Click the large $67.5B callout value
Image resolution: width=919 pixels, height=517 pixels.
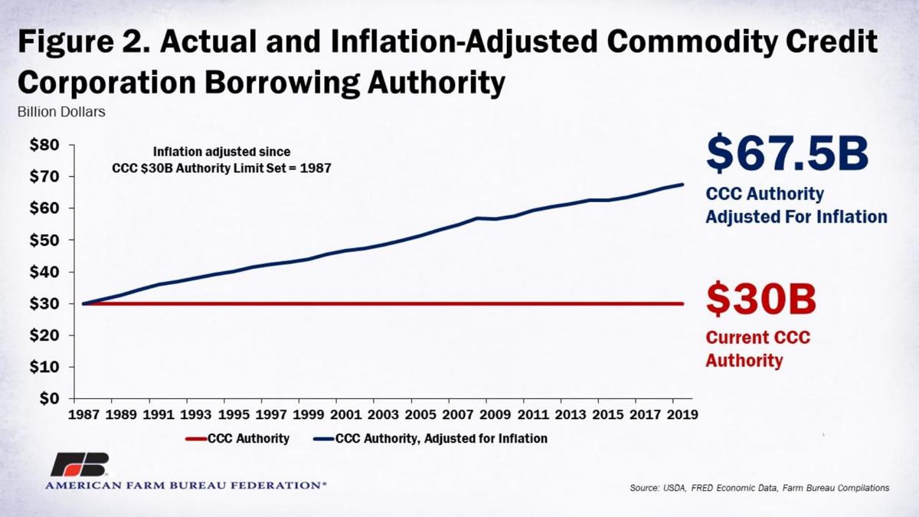tap(787, 154)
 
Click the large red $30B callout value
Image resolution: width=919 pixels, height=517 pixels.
tap(760, 299)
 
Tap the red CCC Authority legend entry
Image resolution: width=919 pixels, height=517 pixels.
tap(237, 439)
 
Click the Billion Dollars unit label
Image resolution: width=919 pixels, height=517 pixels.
tap(61, 111)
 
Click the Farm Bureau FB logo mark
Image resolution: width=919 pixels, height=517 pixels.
tap(79, 464)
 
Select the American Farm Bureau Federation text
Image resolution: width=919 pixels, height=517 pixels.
tap(185, 486)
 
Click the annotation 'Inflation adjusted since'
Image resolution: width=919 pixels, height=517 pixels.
tap(221, 152)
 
